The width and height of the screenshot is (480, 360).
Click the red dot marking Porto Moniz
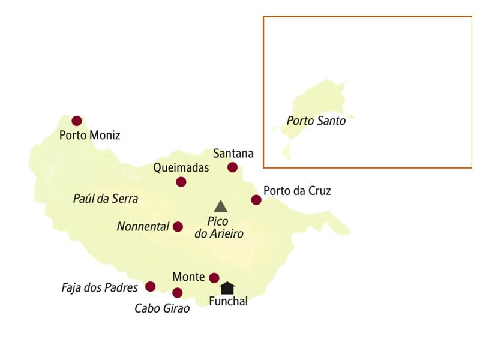click(77, 121)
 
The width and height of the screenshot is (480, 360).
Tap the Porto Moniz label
click(89, 136)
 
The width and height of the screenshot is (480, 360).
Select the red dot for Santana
click(232, 167)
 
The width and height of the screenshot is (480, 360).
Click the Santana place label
click(233, 154)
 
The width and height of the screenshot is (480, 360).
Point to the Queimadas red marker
click(181, 182)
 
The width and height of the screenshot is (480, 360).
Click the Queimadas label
click(181, 168)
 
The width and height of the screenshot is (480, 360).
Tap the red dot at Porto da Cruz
click(256, 200)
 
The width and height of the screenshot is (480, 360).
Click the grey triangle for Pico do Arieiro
click(221, 206)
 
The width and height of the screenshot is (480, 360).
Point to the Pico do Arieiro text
click(219, 227)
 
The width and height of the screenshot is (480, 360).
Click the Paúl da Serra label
click(106, 199)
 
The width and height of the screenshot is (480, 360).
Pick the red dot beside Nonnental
click(178, 227)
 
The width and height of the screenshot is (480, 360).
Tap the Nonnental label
click(144, 227)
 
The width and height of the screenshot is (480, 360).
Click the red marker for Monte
click(214, 277)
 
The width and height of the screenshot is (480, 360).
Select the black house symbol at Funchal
click(227, 287)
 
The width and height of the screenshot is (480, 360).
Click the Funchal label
click(228, 302)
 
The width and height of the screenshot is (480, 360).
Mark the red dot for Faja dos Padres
click(150, 287)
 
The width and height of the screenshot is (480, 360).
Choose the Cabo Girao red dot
click(177, 293)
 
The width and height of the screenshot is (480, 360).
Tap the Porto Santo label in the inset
click(316, 121)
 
